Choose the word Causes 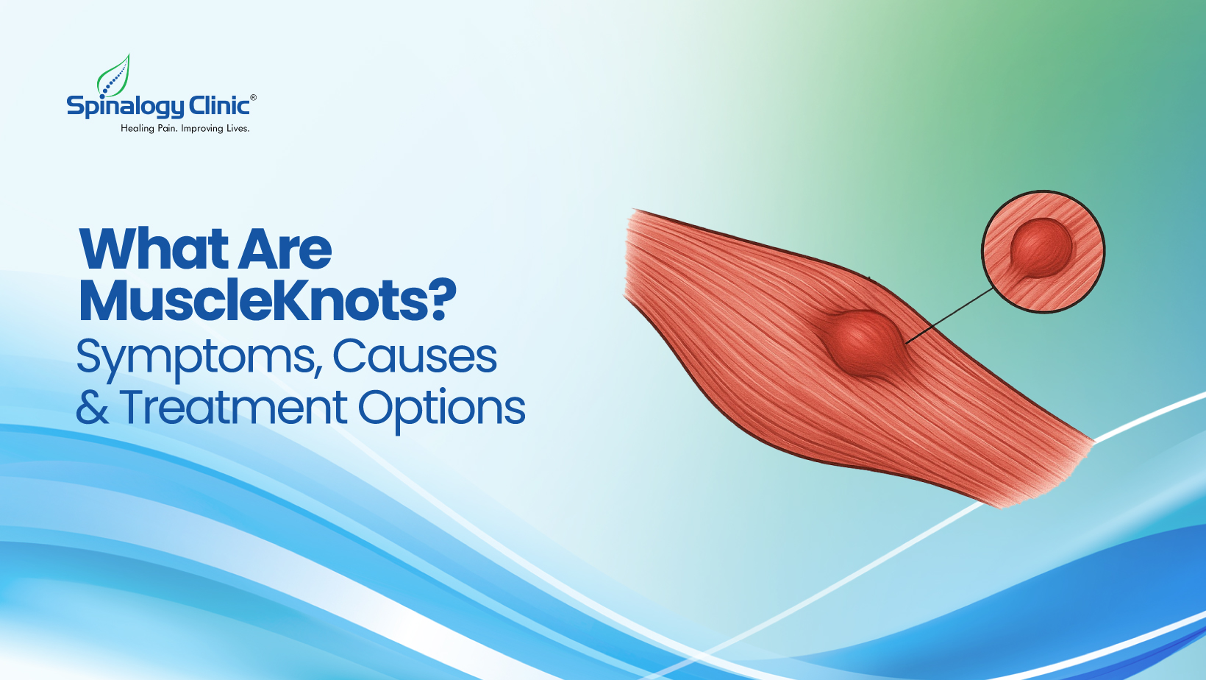click(x=415, y=357)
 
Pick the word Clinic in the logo click(x=219, y=106)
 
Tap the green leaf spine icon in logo click(x=115, y=77)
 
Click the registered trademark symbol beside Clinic click(x=254, y=97)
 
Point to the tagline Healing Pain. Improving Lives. click(x=185, y=128)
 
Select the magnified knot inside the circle click(x=1040, y=247)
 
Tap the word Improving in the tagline click(x=202, y=129)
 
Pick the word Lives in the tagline click(x=238, y=128)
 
